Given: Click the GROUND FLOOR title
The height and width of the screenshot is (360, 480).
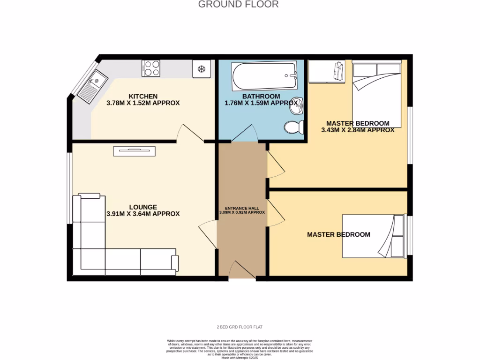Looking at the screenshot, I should tap(238, 4).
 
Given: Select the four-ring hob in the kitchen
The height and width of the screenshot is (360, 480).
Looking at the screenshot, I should tap(151, 68).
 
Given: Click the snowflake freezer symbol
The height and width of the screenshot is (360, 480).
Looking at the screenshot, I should tap(202, 69).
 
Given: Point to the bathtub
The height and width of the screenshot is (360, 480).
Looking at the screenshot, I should tap(264, 76).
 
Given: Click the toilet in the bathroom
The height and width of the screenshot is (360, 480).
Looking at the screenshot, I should tap(294, 127).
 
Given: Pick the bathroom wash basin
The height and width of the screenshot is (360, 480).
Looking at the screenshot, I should tap(295, 106).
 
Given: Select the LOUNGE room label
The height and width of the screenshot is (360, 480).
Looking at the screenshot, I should tap(143, 207).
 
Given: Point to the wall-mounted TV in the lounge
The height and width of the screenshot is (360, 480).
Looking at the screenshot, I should tap(134, 150).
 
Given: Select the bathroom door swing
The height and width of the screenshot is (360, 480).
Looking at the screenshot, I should tap(244, 134).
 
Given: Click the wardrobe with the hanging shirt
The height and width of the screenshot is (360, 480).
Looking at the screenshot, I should tap(327, 71).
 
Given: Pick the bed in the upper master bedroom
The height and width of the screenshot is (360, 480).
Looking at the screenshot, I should tap(377, 94).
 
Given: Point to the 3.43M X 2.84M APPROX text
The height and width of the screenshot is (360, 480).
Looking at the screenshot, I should tap(357, 130).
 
